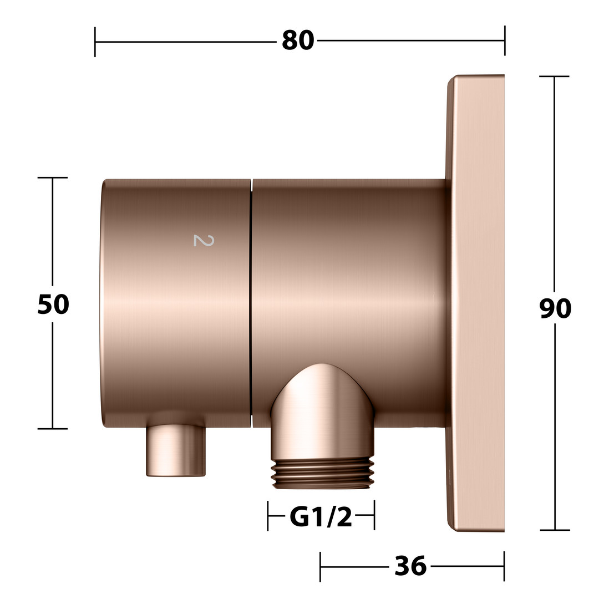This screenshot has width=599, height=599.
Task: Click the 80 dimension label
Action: pos(298,40)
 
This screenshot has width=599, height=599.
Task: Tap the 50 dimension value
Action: pos(53,304)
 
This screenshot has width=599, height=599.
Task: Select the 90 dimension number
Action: pos(555,308)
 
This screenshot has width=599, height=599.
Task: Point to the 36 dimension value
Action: pos(410,566)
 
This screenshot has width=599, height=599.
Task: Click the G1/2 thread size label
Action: pos(321,517)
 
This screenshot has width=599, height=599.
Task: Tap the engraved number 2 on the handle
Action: pos(204,240)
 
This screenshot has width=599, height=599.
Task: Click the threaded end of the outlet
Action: pos(321,474)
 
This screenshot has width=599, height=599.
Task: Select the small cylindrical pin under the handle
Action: pos(176,451)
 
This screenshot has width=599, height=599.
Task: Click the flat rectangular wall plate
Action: pos(476,303)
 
